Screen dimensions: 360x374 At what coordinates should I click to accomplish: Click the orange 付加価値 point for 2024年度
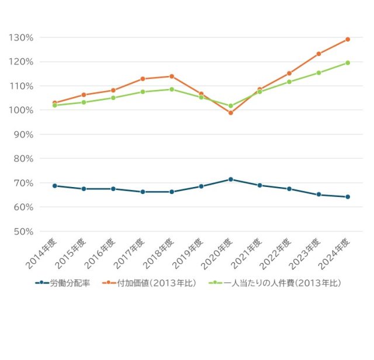pos(348,39)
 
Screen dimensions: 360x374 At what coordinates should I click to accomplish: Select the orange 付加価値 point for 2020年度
pos(230,113)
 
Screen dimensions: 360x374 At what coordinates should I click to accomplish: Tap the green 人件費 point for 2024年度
pos(348,63)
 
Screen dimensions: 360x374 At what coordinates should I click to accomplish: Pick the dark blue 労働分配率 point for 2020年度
pos(230,179)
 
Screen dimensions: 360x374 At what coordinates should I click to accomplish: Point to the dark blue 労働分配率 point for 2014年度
pos(55,186)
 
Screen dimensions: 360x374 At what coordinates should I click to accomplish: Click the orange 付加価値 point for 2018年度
pos(172,76)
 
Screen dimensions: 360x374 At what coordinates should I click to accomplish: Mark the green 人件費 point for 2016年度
pos(113,98)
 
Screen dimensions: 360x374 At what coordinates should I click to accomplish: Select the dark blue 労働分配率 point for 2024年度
pos(348,197)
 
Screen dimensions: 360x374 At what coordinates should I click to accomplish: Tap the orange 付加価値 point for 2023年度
pos(318,54)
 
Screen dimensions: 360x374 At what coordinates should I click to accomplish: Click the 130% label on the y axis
pos(21,37)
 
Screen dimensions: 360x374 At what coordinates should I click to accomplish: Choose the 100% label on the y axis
pos(21,110)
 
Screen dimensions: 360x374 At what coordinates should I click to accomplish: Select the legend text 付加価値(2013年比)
pos(156,282)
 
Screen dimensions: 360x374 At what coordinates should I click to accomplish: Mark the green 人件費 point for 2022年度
pos(289,82)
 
